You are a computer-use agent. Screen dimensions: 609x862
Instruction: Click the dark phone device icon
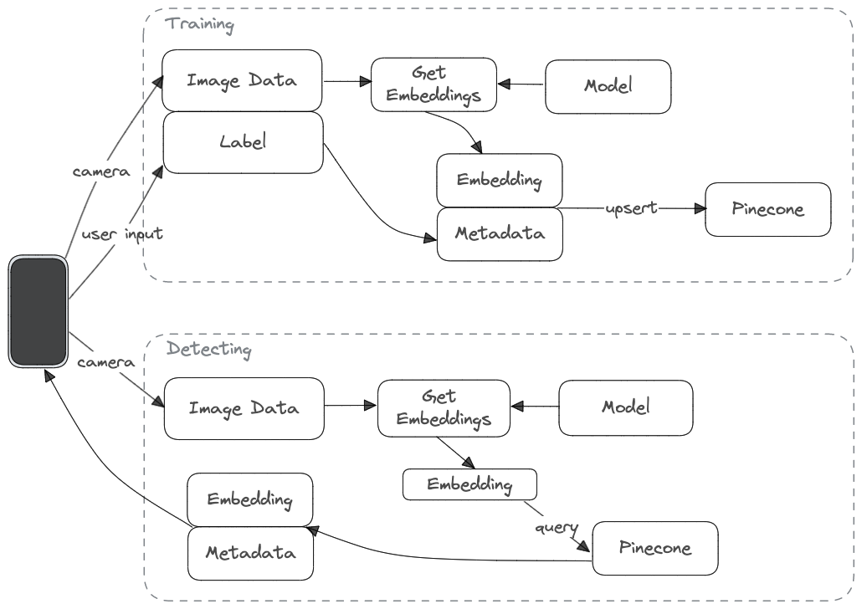click(x=38, y=311)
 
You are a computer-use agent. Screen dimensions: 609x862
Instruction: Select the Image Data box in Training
click(x=242, y=80)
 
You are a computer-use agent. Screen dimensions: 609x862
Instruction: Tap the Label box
click(x=242, y=142)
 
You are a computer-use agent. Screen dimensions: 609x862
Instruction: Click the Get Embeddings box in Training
click(x=434, y=84)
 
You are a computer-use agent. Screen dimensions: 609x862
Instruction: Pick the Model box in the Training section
click(x=608, y=86)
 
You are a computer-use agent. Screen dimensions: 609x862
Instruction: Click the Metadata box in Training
click(x=500, y=233)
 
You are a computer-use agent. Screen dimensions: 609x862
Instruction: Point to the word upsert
click(x=629, y=207)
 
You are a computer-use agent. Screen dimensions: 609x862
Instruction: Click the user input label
click(x=121, y=233)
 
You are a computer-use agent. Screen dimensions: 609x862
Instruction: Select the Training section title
click(x=200, y=23)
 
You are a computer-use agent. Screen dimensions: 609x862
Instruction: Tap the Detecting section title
click(x=208, y=348)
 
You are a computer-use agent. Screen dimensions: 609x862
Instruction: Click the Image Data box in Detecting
click(x=244, y=408)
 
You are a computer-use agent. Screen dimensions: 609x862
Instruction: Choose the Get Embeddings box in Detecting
click(x=443, y=408)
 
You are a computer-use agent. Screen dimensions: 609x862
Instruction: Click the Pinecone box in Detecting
click(x=654, y=548)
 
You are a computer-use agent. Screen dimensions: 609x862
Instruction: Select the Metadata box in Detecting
click(x=249, y=553)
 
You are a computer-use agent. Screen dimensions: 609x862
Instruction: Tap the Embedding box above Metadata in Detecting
click(x=249, y=499)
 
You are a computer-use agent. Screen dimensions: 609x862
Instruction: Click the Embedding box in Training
click(x=499, y=179)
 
